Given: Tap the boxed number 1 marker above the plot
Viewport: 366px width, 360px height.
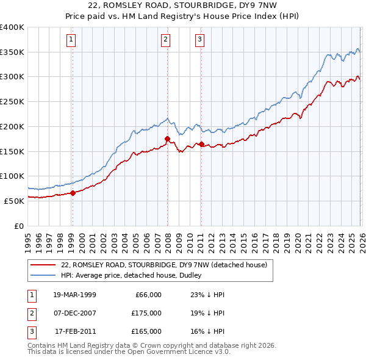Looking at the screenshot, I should (71, 40).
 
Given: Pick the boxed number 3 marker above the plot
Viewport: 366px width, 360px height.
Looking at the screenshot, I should (200, 40).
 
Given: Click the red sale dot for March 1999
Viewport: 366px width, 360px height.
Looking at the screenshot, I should (73, 193).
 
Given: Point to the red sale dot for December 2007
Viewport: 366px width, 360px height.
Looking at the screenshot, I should (167, 139).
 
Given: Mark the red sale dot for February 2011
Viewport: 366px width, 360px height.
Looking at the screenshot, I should (201, 144).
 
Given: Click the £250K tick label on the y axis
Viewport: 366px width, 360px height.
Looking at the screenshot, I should (12, 101).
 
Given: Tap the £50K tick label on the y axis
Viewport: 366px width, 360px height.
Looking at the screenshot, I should (14, 200).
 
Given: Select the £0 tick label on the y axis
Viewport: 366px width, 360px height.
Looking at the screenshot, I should (20, 225).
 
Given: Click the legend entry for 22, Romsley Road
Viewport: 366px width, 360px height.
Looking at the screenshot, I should (163, 265).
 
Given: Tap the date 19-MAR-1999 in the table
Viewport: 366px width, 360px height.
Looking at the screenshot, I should (76, 295).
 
